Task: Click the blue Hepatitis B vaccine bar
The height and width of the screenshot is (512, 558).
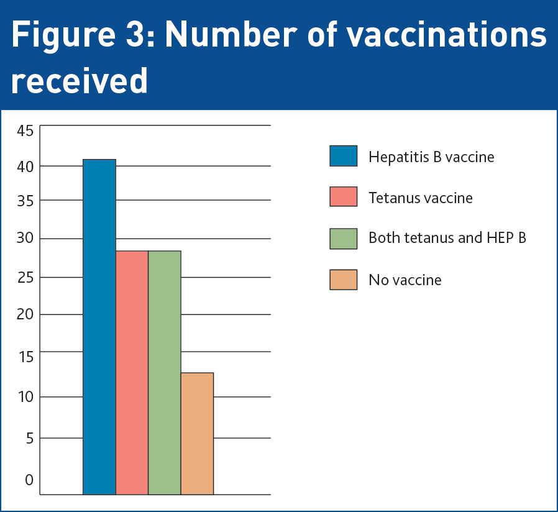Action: (x=99, y=327)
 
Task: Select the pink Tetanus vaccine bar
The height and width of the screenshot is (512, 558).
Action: (x=132, y=373)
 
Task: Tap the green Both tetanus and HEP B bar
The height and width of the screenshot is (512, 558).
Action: (x=165, y=373)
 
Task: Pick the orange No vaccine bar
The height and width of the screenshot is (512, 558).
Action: (x=197, y=434)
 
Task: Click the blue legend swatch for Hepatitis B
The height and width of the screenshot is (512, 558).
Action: (x=344, y=156)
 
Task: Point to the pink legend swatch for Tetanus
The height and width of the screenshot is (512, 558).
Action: (x=344, y=197)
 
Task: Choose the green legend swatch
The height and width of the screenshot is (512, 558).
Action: (x=344, y=239)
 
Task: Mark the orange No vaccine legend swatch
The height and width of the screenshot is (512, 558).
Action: (x=344, y=280)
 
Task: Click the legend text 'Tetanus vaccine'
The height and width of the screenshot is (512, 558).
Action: (x=421, y=198)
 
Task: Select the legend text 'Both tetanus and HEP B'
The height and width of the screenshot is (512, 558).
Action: (x=447, y=238)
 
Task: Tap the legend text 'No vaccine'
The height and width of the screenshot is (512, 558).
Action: (x=405, y=280)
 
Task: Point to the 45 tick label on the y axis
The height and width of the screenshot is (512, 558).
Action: (x=25, y=130)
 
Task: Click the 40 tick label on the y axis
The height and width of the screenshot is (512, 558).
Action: (x=25, y=166)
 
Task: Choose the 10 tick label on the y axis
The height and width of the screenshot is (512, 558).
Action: (x=25, y=396)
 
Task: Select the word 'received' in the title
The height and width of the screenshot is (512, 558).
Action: (x=79, y=81)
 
